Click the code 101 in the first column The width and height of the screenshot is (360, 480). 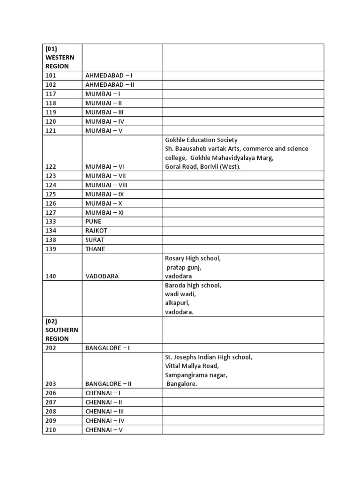coord(51,75)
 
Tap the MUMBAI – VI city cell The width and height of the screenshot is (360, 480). coord(104,167)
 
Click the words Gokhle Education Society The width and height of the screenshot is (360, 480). coord(201,140)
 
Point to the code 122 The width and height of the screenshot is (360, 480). coord(51,167)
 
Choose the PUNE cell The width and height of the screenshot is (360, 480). coord(93,221)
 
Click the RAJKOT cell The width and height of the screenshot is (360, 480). coord(96,231)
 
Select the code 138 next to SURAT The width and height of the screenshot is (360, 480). coord(51,240)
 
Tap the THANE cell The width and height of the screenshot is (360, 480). coord(95,249)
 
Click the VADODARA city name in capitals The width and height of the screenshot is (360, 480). coord(102,277)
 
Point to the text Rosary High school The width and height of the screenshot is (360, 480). coord(193,258)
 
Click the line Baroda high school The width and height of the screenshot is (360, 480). coord(193,285)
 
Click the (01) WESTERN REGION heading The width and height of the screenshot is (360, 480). coord(60,57)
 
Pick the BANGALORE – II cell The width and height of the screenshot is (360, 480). coord(108,384)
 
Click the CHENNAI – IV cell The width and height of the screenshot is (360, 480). coord(105,420)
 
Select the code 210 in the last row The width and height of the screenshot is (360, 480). coord(51,430)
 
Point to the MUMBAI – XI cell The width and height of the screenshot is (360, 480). coord(103,212)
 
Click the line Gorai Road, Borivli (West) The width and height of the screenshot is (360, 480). coord(202,167)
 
